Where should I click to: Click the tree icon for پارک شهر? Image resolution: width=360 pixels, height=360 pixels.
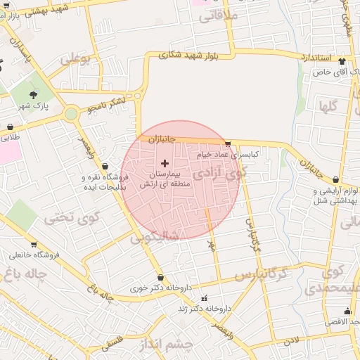point(34,94)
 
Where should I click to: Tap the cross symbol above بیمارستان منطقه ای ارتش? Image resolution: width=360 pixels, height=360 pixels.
point(165,163)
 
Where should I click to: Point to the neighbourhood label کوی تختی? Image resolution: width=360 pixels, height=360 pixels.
point(69,217)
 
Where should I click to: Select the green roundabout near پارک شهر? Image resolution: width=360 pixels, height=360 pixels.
point(70,113)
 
